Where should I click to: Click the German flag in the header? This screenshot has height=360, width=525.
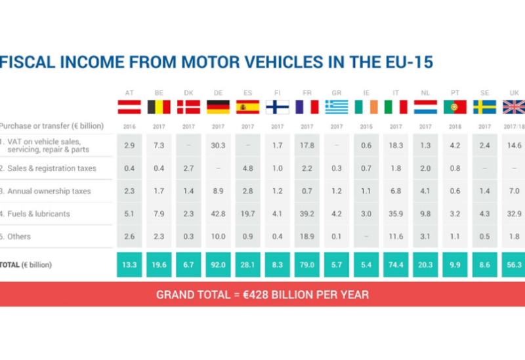[218, 107]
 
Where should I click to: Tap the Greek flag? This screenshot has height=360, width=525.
[337, 107]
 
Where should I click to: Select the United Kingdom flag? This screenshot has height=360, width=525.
[514, 107]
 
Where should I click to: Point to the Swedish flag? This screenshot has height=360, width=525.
[484, 107]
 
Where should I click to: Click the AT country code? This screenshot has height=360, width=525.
[129, 93]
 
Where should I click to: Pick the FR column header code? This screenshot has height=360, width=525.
[306, 93]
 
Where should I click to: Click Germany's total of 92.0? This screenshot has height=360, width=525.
[218, 265]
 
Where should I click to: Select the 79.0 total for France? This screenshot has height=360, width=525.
[306, 265]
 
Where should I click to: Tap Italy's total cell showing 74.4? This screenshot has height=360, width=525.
[395, 265]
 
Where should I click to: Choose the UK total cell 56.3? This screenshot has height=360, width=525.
[514, 265]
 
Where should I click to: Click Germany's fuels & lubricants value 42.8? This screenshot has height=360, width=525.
[218, 214]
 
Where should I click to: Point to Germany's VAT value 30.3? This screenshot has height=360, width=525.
[218, 146]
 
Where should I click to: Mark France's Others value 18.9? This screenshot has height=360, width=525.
[306, 237]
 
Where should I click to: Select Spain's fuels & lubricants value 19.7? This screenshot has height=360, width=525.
[247, 214]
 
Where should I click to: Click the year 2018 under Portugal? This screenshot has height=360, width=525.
[455, 126]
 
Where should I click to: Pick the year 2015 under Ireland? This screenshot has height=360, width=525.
[366, 126]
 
